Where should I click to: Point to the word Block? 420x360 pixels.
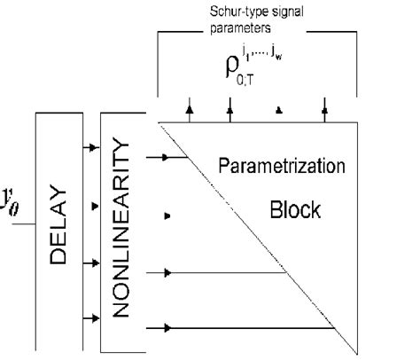coord(296,211)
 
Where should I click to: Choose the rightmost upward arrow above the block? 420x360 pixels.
coord(324,110)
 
